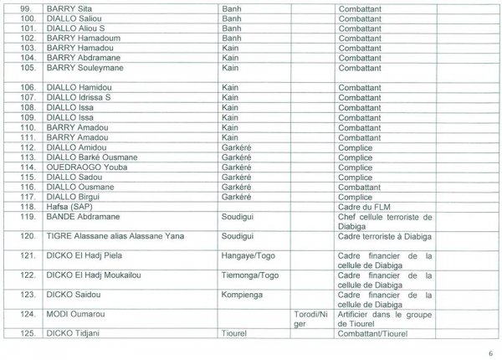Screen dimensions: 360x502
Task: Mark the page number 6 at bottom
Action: tap(490, 352)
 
